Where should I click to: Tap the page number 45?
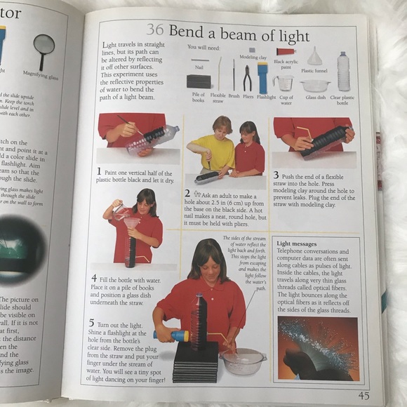[x=364, y=395]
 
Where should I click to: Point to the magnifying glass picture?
[x=44, y=47]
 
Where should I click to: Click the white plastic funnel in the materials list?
[x=315, y=56]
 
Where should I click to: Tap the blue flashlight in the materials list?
[x=262, y=77]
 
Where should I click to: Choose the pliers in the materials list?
[x=247, y=77]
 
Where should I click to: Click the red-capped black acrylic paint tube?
[x=285, y=51]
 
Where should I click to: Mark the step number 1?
[x=100, y=171]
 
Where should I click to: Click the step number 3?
[x=276, y=175]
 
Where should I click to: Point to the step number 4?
[x=94, y=278]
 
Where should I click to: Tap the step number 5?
[x=92, y=322]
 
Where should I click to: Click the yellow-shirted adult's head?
[x=203, y=126]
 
